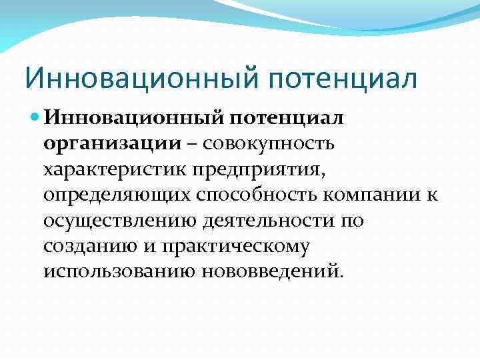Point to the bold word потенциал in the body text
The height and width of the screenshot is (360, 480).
coord(286,117)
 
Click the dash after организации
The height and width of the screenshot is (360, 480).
coord(190,143)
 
